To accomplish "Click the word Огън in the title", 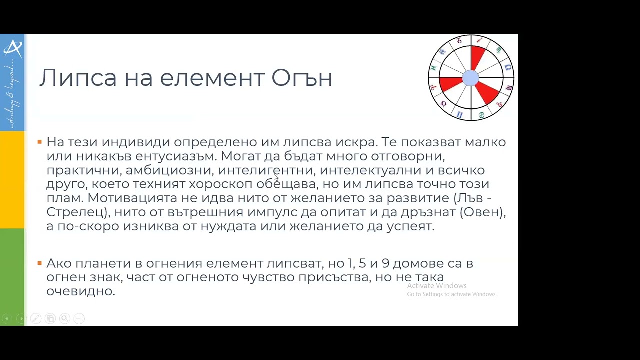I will (x=302, y=78).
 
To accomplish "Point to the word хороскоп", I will (x=221, y=184).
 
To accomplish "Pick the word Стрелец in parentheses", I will (x=76, y=212).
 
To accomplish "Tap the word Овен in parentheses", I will (x=482, y=212).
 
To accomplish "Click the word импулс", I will (x=273, y=212).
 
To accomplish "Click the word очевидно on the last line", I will (x=80, y=291).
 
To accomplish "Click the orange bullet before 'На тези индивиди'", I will (x=40, y=142).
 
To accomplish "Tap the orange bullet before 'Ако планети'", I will (x=40, y=263).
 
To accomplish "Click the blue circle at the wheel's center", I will (x=470, y=78).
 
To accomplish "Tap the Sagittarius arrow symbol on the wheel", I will (x=480, y=40).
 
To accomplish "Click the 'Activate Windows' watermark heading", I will (x=436, y=286).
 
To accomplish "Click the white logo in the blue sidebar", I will (x=12, y=48).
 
